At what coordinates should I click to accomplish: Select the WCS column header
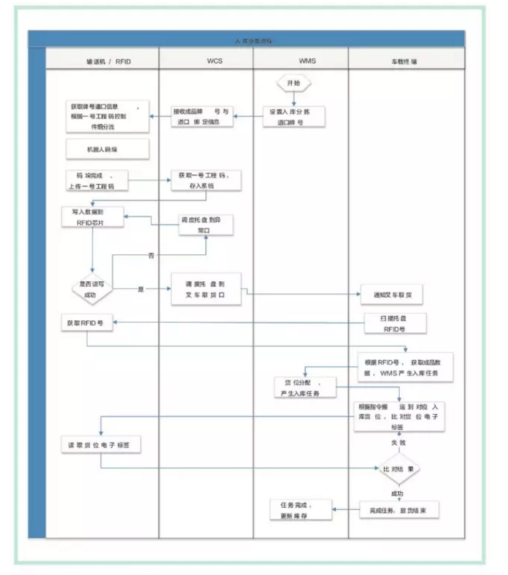click(x=215, y=62)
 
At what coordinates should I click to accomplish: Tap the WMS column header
click(x=307, y=62)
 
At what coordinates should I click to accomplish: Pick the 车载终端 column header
click(x=405, y=62)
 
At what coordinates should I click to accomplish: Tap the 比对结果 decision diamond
click(x=398, y=468)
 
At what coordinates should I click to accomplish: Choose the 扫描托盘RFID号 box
click(x=395, y=324)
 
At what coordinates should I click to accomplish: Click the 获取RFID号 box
click(x=86, y=324)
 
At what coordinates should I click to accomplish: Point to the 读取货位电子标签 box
click(x=100, y=445)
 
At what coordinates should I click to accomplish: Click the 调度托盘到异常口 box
click(x=205, y=225)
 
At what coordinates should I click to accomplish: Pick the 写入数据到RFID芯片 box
click(x=93, y=216)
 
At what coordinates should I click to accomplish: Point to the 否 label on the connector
click(x=151, y=254)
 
